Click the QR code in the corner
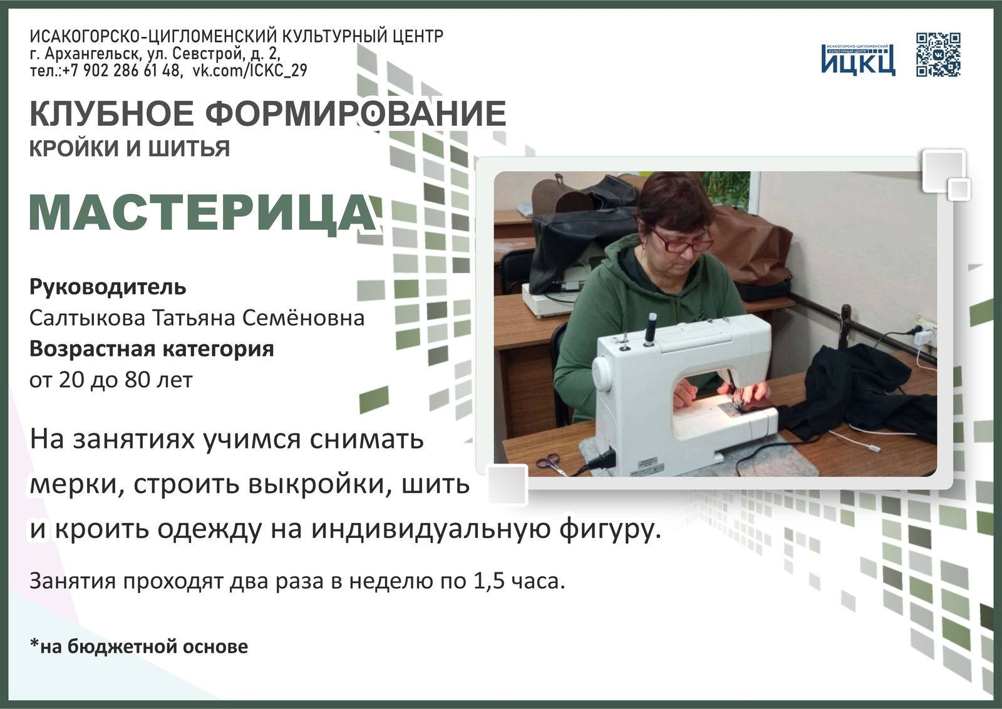[938, 54]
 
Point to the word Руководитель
[108, 287]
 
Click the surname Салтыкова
[86, 318]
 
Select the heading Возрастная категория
[152, 348]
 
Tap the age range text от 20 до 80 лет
[111, 379]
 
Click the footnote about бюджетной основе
[138, 646]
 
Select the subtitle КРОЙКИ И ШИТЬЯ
[130, 148]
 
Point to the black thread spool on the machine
[651, 328]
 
